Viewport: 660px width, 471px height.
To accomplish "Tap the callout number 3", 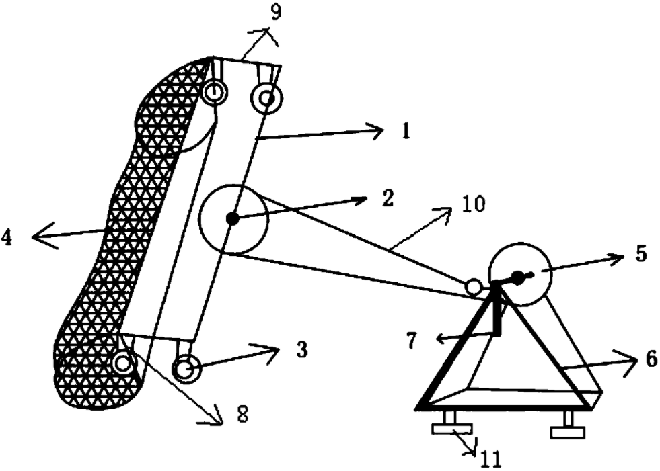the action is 302,349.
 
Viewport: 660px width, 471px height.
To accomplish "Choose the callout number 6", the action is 651,360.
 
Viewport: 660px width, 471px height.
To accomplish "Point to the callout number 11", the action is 492,460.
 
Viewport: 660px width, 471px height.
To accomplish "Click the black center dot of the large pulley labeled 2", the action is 233,218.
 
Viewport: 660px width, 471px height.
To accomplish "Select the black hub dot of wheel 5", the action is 518,275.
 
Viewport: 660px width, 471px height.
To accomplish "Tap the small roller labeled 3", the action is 184,369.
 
